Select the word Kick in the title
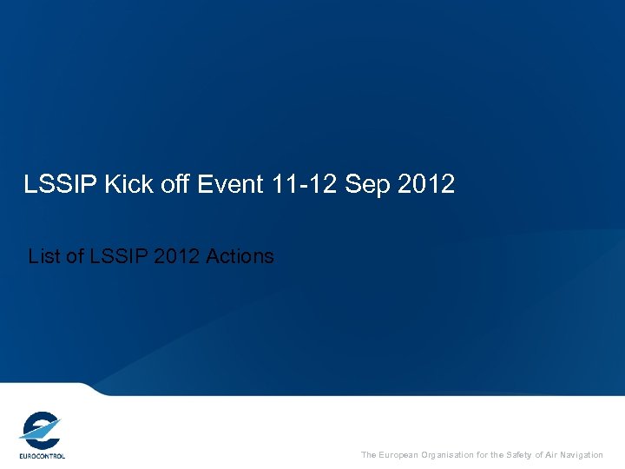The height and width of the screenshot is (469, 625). tap(127, 184)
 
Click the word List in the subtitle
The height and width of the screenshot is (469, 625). tap(45, 256)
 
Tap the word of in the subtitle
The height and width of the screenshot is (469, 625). tap(76, 256)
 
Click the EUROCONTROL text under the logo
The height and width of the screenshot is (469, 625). tap(42, 455)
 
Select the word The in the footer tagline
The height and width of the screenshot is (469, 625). tap(369, 455)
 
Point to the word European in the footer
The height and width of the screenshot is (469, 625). tap(402, 455)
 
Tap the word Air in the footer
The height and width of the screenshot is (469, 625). tap(553, 455)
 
